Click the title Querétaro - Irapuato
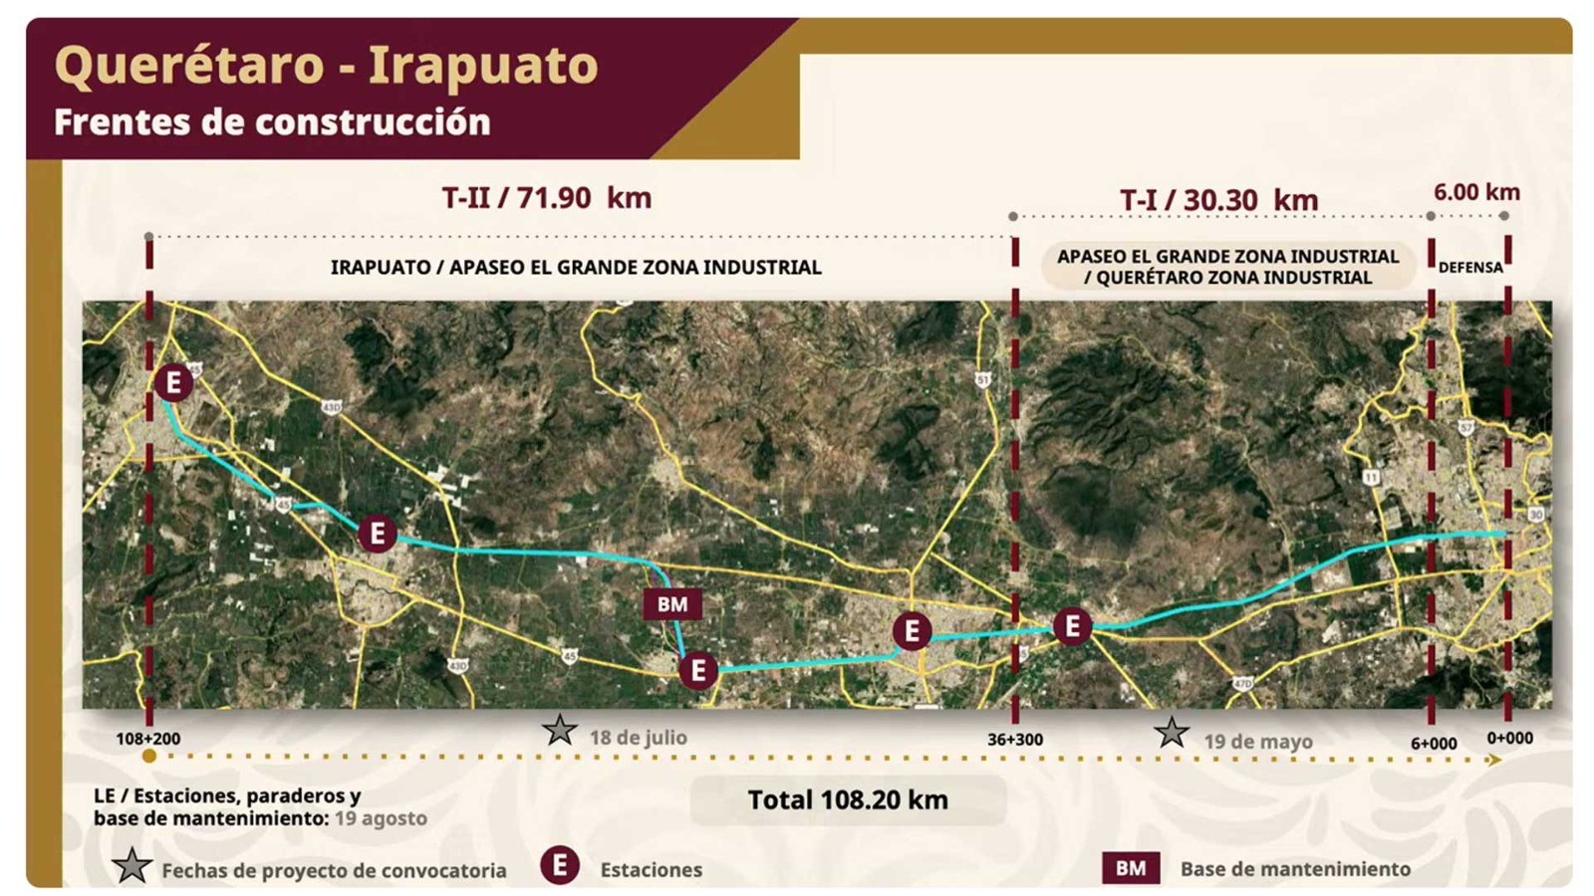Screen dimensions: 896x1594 click(326, 66)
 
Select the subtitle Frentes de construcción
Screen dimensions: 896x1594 click(272, 122)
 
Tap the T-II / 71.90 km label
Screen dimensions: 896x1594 click(546, 197)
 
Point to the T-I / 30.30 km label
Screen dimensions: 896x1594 click(1218, 200)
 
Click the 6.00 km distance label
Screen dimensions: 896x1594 click(1476, 192)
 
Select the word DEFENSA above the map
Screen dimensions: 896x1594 click(1469, 267)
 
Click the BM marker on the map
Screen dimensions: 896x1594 click(672, 604)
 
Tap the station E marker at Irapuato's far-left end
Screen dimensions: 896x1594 click(173, 382)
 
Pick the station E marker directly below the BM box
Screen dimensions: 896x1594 click(698, 670)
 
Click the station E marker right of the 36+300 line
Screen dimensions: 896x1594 click(1072, 626)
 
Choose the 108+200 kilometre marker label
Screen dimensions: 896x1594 click(147, 739)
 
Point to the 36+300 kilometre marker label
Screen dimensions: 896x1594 click(1015, 740)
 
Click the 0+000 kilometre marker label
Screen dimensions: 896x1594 click(1509, 738)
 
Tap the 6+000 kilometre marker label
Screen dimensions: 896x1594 click(1434, 743)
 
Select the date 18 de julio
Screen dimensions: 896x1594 click(638, 738)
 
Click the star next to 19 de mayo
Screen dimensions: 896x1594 click(1172, 735)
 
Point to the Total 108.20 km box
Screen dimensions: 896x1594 click(848, 799)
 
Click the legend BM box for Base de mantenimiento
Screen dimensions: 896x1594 click(1130, 868)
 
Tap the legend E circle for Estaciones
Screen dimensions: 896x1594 click(560, 866)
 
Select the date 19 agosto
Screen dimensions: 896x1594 click(381, 818)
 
